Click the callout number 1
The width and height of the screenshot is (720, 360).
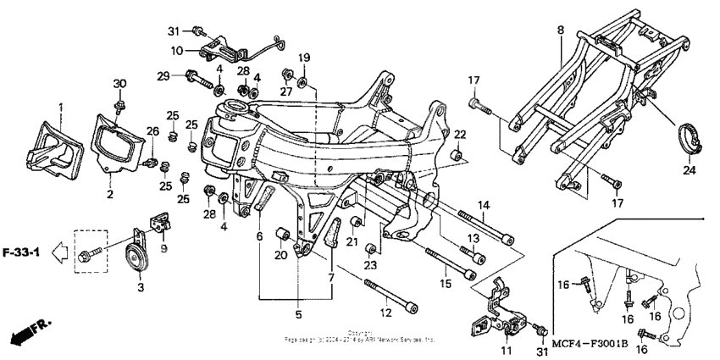pos(61,108)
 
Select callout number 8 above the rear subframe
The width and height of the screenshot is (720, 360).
pos(560,30)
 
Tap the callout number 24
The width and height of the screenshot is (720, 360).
pos(688,170)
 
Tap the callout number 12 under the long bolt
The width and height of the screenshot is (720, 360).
pos(387,313)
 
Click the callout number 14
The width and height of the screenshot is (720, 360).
pos(485,205)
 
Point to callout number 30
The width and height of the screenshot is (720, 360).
pos(119,83)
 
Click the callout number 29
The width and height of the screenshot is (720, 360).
pos(163,77)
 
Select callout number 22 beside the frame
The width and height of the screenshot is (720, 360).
pos(460,135)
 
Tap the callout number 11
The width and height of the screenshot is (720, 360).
pos(507,350)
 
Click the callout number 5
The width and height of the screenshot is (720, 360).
pos(297,314)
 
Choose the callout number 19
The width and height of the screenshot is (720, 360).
pos(304,58)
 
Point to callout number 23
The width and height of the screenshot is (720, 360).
pos(369,265)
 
